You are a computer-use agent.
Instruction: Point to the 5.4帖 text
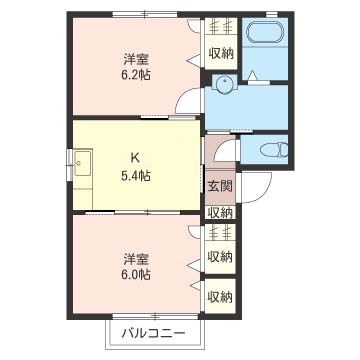(x=136, y=175)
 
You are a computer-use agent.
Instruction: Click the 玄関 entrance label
(x=220, y=186)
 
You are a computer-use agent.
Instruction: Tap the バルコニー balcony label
(x=153, y=331)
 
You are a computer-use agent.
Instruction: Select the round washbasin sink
(x=226, y=86)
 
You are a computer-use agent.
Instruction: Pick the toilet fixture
(x=271, y=150)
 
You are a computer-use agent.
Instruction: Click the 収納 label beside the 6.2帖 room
(x=220, y=53)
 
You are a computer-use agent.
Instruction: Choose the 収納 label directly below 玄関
(x=220, y=211)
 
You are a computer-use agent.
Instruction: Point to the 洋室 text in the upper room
(x=136, y=56)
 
